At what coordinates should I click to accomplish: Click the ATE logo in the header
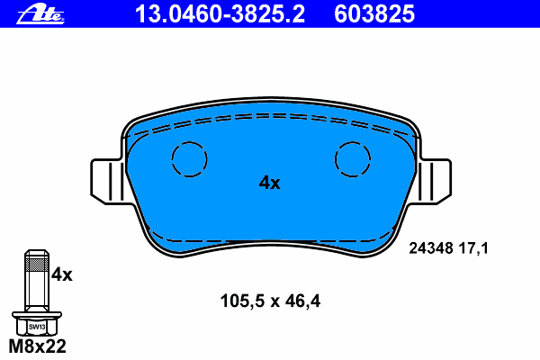[40, 14]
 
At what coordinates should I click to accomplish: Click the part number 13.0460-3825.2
[220, 14]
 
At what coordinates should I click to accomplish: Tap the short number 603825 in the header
[374, 14]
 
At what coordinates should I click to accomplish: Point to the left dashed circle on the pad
[189, 142]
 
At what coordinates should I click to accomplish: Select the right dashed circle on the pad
[353, 142]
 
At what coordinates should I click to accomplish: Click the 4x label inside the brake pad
[270, 183]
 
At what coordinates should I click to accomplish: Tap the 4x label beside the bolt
[62, 274]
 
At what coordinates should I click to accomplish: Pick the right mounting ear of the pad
[435, 182]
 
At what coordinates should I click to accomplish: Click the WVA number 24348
[431, 248]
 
